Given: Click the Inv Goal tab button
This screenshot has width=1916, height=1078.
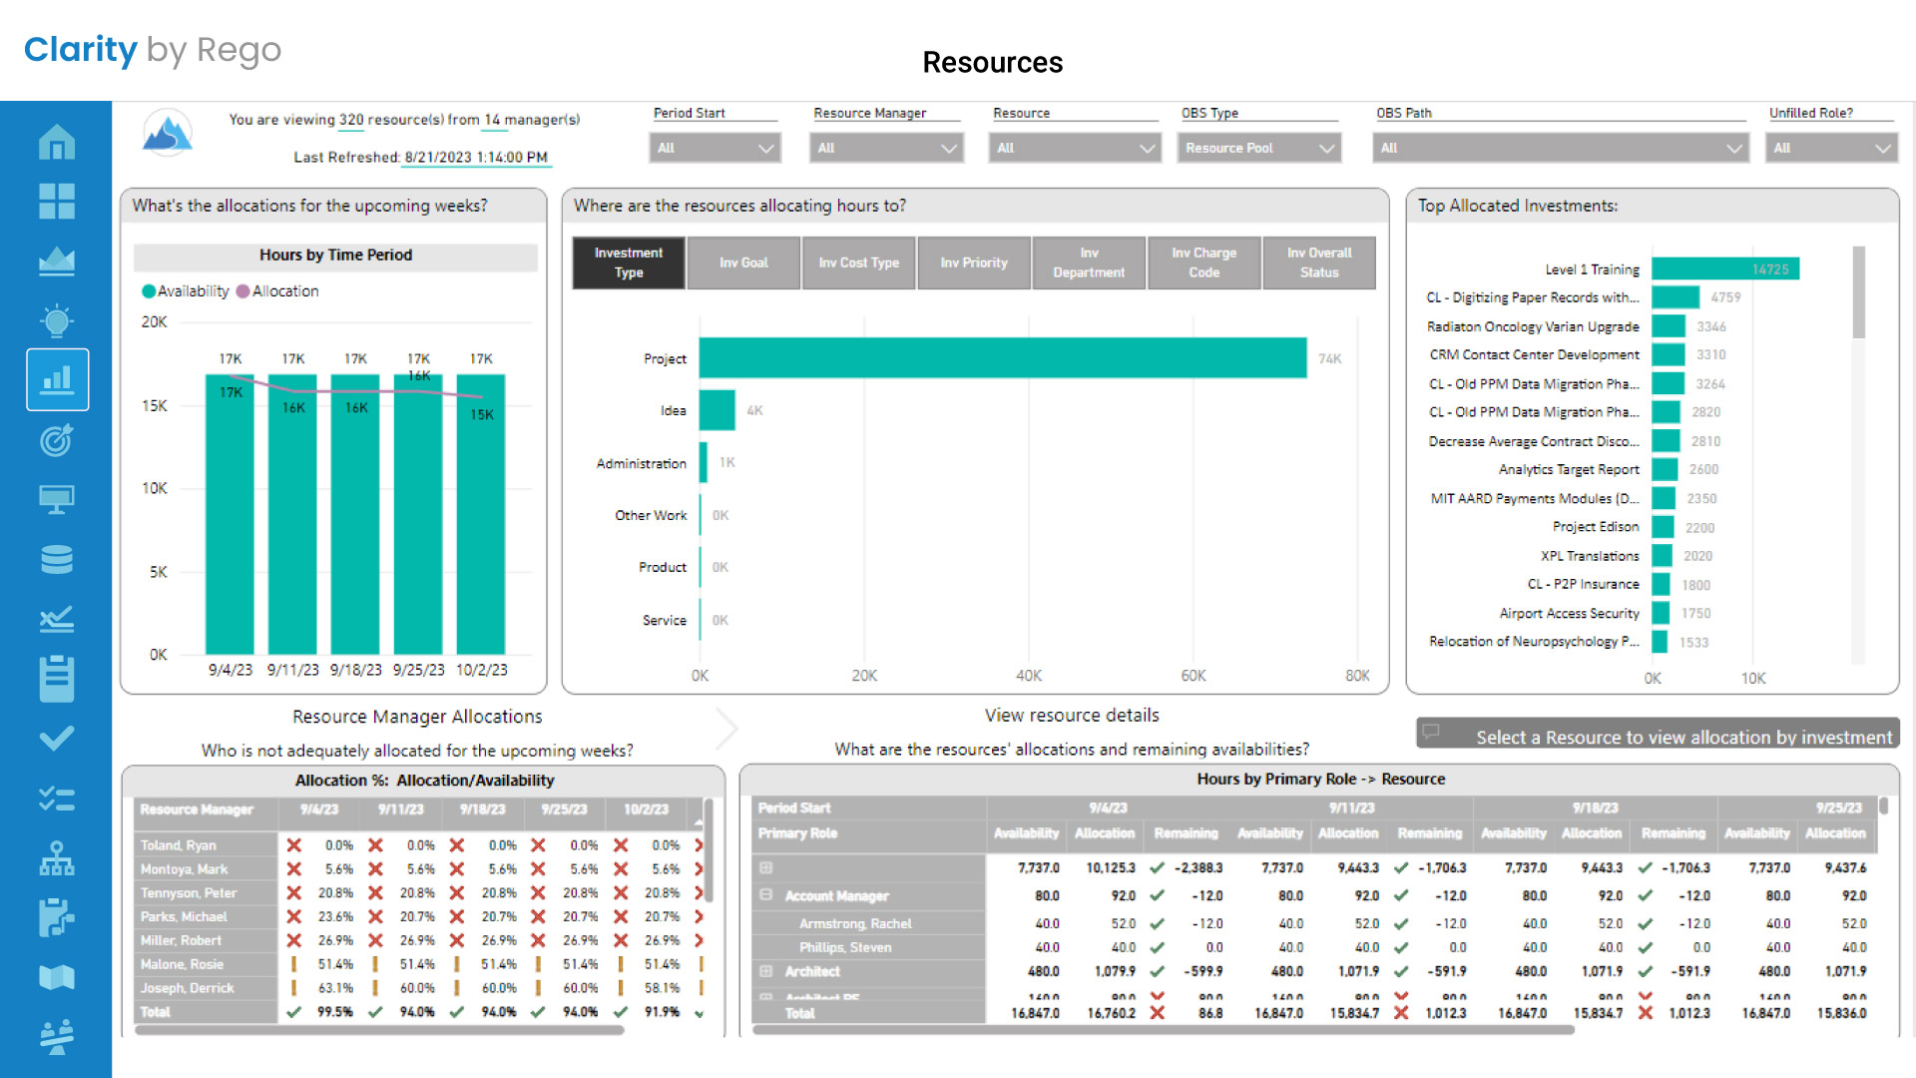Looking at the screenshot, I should pyautogui.click(x=743, y=263).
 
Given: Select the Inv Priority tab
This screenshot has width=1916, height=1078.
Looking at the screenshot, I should pyautogui.click(x=973, y=263).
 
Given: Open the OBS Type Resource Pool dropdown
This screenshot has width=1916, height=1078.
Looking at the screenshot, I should pyautogui.click(x=1258, y=148).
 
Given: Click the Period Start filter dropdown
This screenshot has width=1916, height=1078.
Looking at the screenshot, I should pyautogui.click(x=715, y=148).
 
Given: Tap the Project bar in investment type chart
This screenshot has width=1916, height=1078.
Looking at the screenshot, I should pyautogui.click(x=1002, y=358).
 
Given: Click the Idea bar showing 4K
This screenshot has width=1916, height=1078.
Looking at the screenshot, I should pyautogui.click(x=717, y=410).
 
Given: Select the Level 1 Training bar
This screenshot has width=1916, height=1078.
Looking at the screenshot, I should pyautogui.click(x=1724, y=269).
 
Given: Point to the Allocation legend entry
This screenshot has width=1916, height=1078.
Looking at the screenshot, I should pyautogui.click(x=284, y=291).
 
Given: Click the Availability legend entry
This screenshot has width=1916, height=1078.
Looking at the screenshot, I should pyautogui.click(x=192, y=291).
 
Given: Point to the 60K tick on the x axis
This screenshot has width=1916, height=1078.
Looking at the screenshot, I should pyautogui.click(x=1194, y=676).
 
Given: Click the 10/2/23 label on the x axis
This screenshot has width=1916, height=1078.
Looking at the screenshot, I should pyautogui.click(x=481, y=670).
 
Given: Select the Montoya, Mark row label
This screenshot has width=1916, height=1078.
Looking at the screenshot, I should pyautogui.click(x=185, y=869).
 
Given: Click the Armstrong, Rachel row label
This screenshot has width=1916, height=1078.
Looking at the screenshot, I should pyautogui.click(x=855, y=924).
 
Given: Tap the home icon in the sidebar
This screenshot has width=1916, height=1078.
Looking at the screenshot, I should pyautogui.click(x=57, y=142).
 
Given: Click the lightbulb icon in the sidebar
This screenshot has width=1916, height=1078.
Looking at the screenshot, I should pyautogui.click(x=57, y=320).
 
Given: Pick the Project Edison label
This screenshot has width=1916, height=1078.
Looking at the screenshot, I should pyautogui.click(x=1595, y=527).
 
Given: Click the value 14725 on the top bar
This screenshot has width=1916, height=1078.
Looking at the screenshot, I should pyautogui.click(x=1770, y=269).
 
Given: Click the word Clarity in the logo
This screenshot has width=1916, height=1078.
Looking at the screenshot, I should pyautogui.click(x=81, y=50).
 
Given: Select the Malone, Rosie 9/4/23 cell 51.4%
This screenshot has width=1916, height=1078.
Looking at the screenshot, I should pyautogui.click(x=335, y=964).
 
